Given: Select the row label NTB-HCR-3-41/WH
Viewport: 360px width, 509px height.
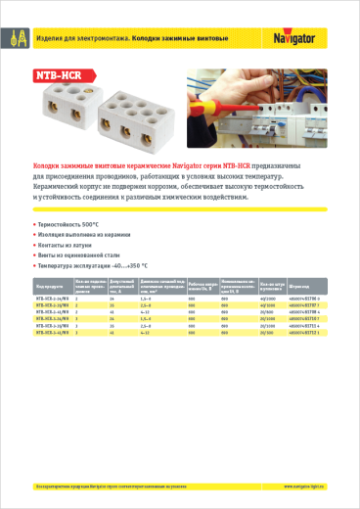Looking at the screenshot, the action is [x=53, y=333].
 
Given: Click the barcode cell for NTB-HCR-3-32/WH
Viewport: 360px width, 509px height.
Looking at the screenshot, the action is [x=303, y=326].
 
